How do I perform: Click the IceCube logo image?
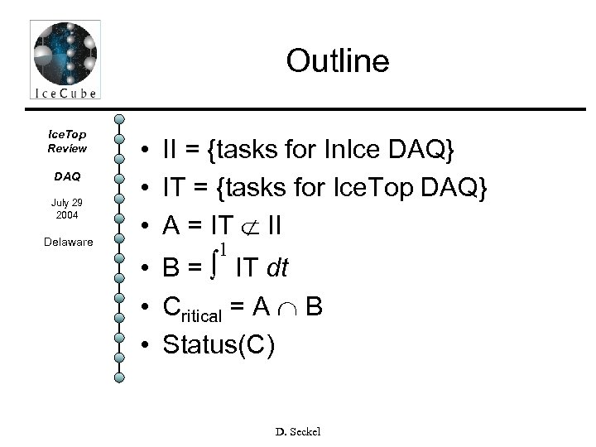pos(65,60)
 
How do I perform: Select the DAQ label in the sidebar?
pos(67,176)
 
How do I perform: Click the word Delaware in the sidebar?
pos(68,243)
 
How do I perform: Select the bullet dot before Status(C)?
pos(145,344)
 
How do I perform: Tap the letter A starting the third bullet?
pos(172,228)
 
